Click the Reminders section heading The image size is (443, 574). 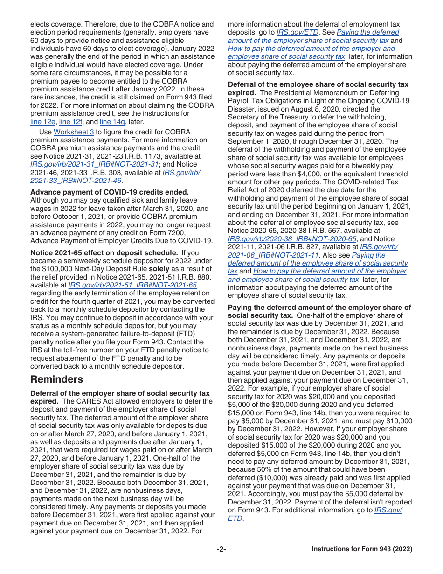(56, 379)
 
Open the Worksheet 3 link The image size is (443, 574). (74, 132)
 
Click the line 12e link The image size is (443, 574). (42, 122)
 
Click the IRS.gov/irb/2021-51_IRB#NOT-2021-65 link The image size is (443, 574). (133, 285)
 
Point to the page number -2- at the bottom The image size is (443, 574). (221, 549)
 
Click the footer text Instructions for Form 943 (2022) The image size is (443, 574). (362, 549)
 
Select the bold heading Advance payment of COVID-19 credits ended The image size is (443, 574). (110, 192)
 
